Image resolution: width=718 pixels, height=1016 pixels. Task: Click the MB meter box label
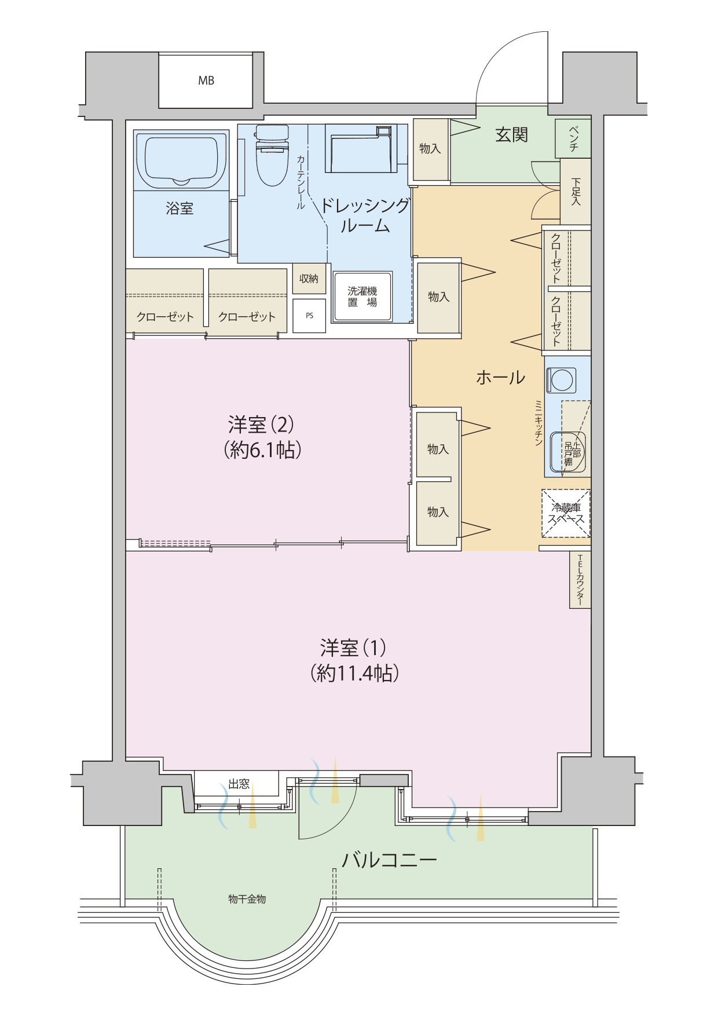pyautogui.click(x=206, y=81)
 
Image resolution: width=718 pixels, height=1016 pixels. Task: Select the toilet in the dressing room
pyautogui.click(x=272, y=155)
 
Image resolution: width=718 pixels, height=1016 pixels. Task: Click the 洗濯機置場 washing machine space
pyautogui.click(x=362, y=297)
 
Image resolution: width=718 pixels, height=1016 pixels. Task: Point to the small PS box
pyautogui.click(x=309, y=316)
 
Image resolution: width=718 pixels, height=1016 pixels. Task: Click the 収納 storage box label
pyautogui.click(x=309, y=279)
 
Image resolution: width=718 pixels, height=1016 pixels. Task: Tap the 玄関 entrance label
pyautogui.click(x=511, y=135)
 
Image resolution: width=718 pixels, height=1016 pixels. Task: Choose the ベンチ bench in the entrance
pyautogui.click(x=573, y=138)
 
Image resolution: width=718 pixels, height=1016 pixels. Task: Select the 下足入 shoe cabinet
pyautogui.click(x=576, y=191)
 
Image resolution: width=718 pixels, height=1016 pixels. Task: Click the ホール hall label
pyautogui.click(x=500, y=378)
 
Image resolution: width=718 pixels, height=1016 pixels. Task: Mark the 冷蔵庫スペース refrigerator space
pyautogui.click(x=566, y=513)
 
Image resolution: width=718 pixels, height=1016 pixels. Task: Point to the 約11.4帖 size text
pyautogui.click(x=354, y=673)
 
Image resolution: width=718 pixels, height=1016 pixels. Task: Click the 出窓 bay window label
pyautogui.click(x=239, y=784)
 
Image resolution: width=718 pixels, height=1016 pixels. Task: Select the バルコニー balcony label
pyautogui.click(x=389, y=860)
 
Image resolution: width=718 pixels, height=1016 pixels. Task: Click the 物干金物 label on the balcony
pyautogui.click(x=247, y=899)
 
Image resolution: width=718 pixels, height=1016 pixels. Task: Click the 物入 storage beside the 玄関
pyautogui.click(x=431, y=149)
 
